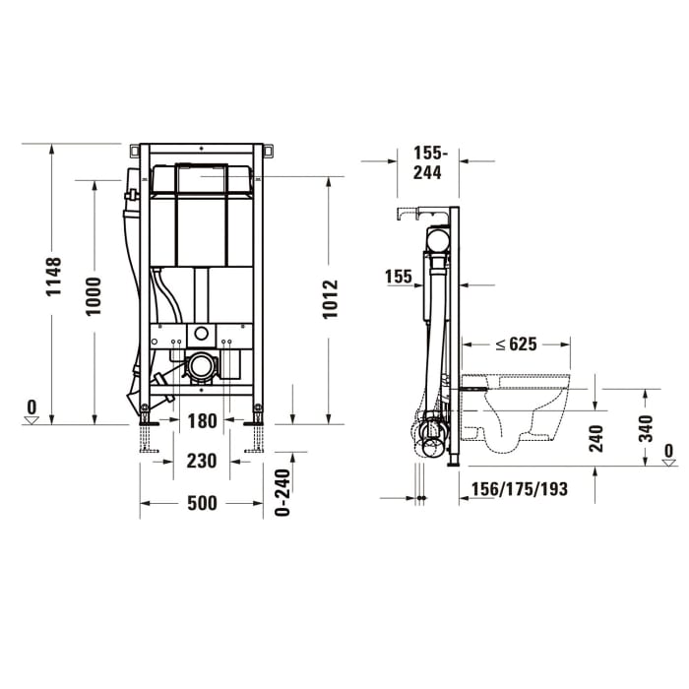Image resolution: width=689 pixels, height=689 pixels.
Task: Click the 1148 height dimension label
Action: (55, 277)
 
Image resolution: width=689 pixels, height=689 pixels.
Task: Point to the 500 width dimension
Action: (201, 503)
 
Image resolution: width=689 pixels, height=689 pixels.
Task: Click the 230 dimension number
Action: (201, 459)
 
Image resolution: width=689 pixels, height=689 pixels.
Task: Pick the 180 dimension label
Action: (201, 421)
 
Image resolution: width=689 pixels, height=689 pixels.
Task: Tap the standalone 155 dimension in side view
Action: (399, 278)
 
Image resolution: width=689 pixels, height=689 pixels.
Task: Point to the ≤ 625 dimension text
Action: (516, 344)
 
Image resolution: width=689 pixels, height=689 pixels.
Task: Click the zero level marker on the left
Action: (31, 412)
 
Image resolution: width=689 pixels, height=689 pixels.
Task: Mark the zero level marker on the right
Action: (669, 456)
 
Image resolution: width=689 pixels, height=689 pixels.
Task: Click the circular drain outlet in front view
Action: (201, 367)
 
